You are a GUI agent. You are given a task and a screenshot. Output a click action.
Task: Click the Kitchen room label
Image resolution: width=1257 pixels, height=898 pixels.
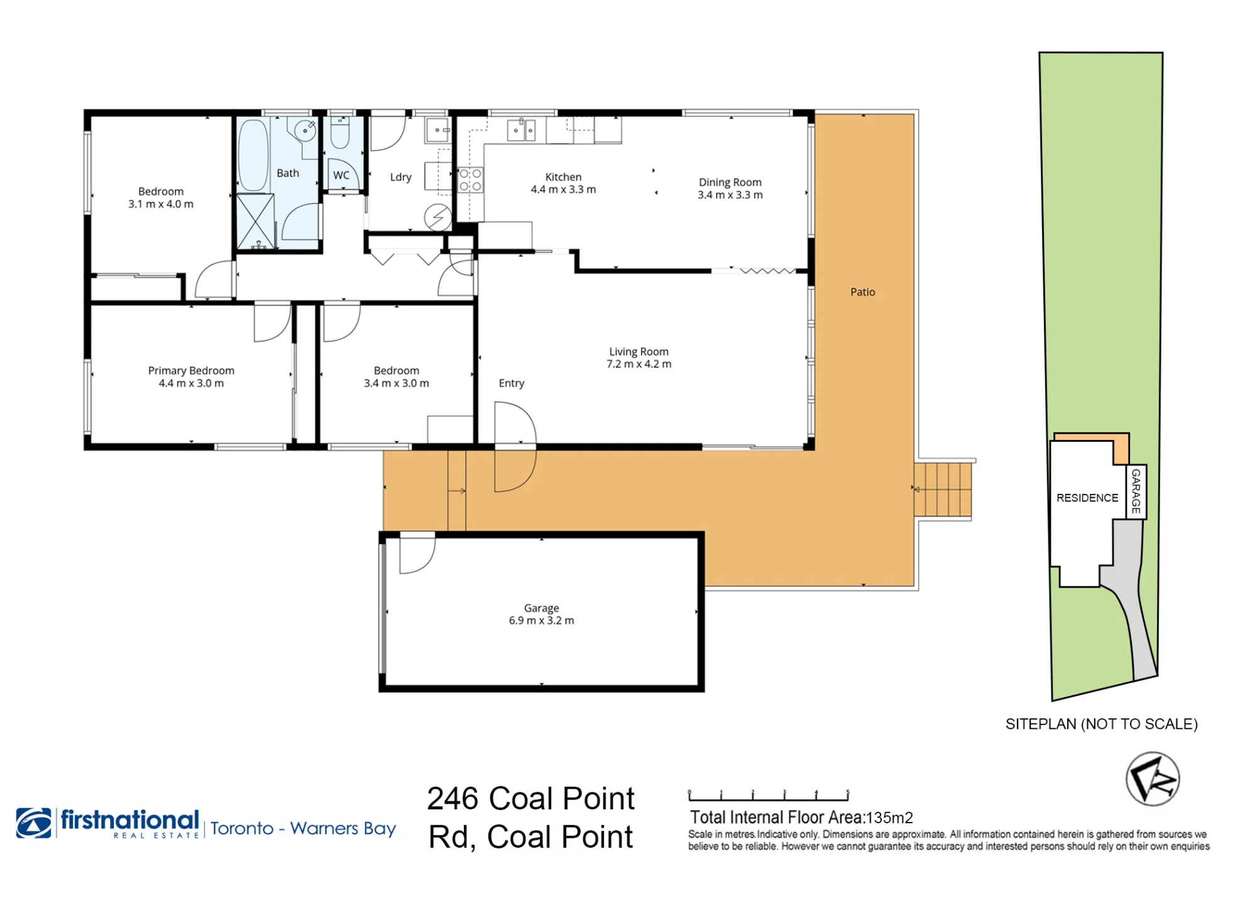(x=563, y=177)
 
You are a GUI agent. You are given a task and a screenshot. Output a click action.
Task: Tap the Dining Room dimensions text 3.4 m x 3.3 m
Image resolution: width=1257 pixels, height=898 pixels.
(x=730, y=195)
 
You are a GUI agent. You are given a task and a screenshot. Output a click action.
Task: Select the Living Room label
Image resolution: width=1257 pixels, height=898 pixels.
(x=639, y=352)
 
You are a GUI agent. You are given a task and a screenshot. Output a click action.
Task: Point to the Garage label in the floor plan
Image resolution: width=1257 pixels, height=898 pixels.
(x=541, y=608)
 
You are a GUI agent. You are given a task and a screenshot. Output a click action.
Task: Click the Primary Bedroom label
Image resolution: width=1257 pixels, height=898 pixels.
(x=191, y=371)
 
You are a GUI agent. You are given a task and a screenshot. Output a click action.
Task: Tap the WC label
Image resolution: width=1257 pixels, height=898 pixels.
(x=341, y=175)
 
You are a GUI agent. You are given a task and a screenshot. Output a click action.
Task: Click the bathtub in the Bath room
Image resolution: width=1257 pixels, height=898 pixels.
(x=253, y=155)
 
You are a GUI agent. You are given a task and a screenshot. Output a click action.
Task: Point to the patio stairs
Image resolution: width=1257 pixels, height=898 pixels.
(x=943, y=490)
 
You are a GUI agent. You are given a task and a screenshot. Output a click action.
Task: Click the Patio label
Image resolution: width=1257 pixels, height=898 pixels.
(x=862, y=292)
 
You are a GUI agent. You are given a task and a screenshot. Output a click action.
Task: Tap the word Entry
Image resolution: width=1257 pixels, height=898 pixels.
(x=511, y=383)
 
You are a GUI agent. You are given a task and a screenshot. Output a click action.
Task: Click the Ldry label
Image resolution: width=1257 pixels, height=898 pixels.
(x=400, y=177)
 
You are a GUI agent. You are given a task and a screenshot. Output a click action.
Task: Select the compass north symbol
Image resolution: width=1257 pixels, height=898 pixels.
(x=1152, y=779)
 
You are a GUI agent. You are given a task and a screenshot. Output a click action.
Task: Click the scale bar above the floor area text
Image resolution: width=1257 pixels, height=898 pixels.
(x=769, y=796)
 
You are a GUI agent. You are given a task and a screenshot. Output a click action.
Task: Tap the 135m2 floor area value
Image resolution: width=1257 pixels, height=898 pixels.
(x=889, y=818)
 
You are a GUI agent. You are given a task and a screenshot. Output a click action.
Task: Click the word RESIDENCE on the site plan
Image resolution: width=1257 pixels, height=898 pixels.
(x=1087, y=498)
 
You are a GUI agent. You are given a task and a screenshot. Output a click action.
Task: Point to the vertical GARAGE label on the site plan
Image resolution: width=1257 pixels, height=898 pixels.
(x=1136, y=491)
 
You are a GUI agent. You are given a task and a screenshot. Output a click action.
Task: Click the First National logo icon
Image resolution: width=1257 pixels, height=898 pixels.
(x=34, y=823)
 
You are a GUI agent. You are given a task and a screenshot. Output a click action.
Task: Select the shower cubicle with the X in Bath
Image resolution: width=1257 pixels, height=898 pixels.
(x=255, y=221)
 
